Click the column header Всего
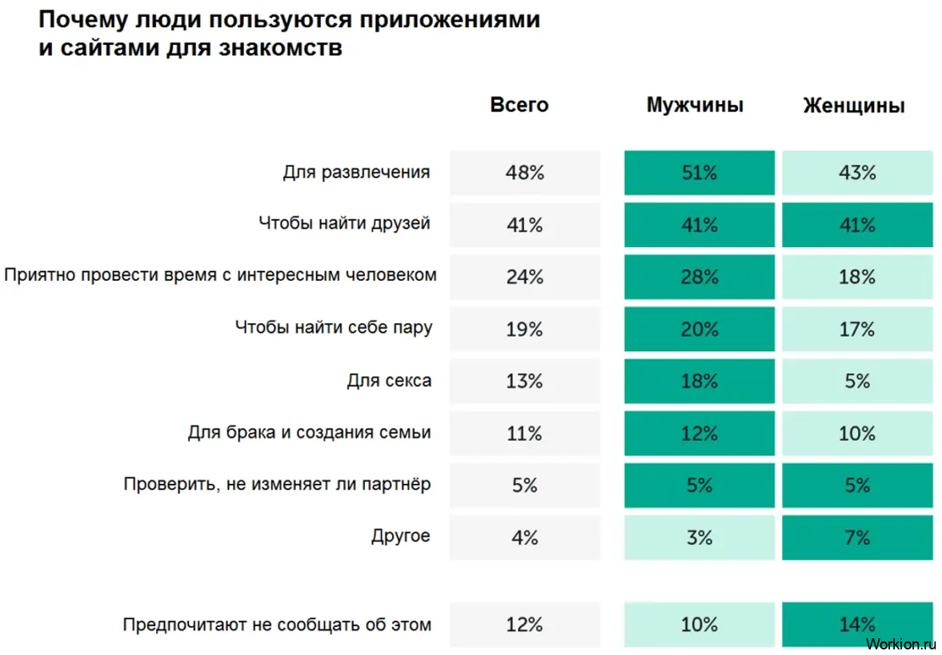519,105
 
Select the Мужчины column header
695,105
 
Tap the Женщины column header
854,105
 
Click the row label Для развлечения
356,172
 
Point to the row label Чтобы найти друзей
344,223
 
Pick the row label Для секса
389,380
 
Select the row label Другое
401,536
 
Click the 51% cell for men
699,173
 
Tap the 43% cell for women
857,173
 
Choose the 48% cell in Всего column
524,173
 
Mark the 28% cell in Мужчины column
699,277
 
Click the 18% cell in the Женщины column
857,277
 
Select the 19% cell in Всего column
524,329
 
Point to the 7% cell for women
857,537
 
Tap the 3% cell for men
699,537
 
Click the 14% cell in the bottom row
857,625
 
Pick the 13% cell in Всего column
524,381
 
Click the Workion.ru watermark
900,642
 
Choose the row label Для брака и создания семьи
309,433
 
